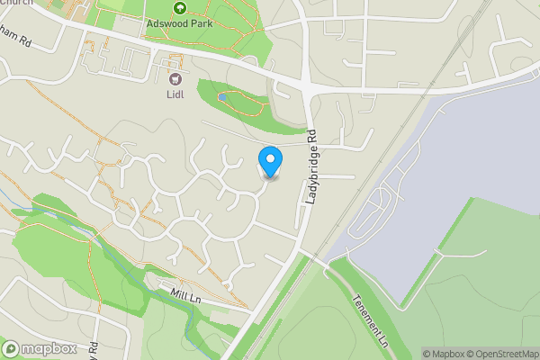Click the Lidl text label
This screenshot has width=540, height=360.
coord(175,93)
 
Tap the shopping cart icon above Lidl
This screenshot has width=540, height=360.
coord(175,78)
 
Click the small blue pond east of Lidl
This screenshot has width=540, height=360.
coord(221,94)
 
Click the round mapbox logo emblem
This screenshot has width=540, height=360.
coord(12,348)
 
